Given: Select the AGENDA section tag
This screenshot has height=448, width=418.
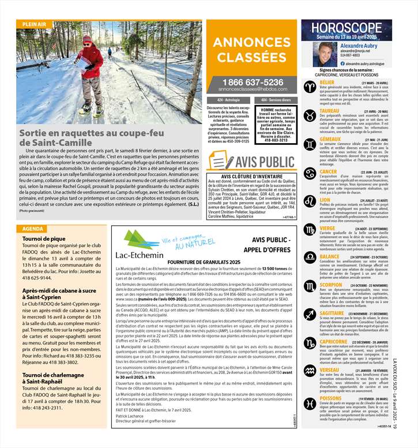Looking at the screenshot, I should coord(34,212).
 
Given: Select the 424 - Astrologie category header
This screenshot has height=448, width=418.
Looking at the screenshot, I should coord(228,100).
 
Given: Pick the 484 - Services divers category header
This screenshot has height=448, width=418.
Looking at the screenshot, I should coord(276,100).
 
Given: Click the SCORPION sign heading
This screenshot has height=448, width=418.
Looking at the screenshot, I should coord(330,284).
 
